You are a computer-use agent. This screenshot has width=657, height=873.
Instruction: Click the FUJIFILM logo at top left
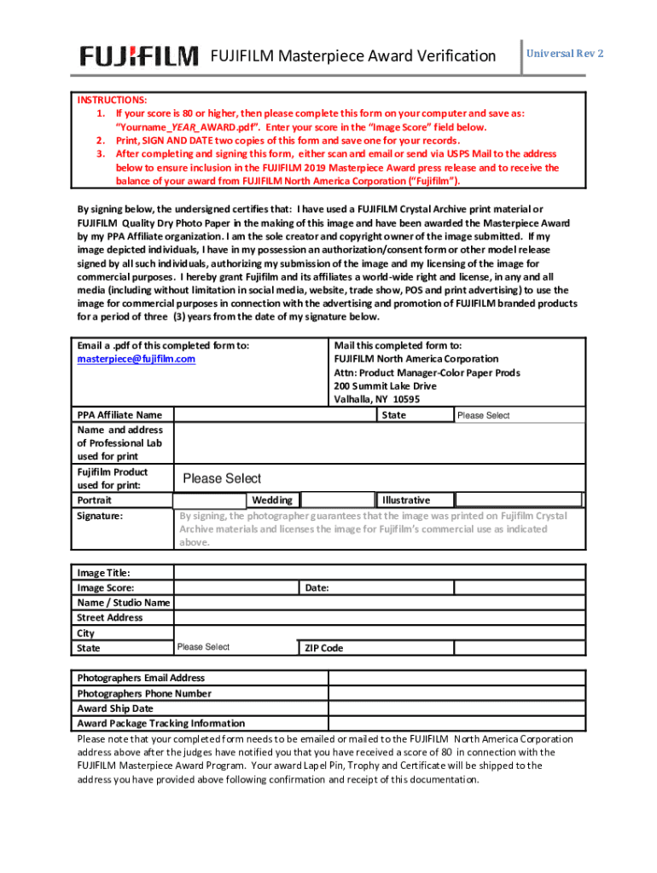[139, 56]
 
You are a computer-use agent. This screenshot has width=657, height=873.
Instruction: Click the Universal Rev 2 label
[565, 54]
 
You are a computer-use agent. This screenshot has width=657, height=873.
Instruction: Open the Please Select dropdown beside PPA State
[519, 415]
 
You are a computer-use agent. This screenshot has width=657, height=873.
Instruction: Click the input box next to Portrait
[209, 500]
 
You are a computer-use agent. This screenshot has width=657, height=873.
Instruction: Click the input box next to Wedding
[338, 500]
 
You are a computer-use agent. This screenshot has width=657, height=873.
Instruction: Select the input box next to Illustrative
[520, 500]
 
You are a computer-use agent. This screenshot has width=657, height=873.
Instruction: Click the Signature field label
[100, 517]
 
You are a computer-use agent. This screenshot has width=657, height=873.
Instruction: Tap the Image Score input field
[235, 588]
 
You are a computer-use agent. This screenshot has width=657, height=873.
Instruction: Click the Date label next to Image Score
[317, 588]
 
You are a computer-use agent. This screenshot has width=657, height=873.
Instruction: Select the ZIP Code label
[323, 649]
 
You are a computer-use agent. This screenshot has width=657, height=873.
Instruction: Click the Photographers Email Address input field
[457, 678]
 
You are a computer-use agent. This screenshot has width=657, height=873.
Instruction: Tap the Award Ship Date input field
[457, 708]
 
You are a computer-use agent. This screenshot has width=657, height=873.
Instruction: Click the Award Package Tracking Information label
[161, 724]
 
